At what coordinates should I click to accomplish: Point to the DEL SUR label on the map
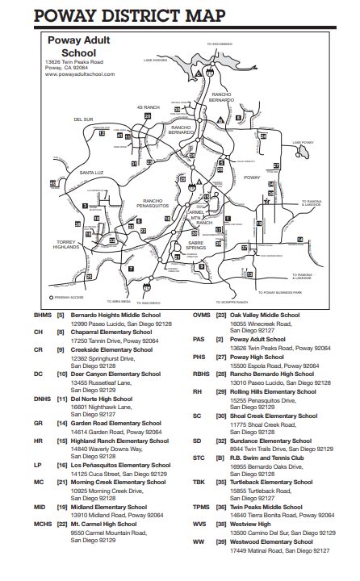[x=84, y=119]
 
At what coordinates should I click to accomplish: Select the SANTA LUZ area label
[x=90, y=173]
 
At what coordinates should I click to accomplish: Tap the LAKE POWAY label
[x=303, y=142]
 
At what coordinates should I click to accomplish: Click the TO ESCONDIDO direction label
[x=220, y=44]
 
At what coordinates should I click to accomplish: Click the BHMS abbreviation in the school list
[x=43, y=316]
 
